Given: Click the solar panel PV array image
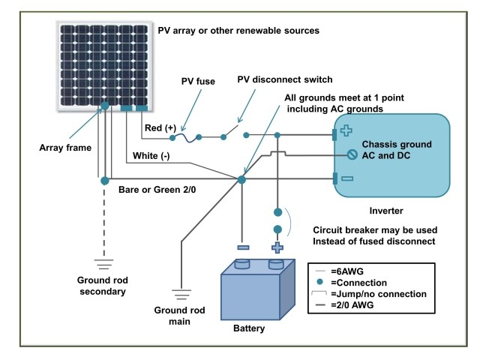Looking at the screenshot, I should (104, 64).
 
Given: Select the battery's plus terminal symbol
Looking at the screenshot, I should (277, 247).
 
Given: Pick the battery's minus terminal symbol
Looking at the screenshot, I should (241, 247).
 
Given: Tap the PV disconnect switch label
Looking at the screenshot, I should (284, 79).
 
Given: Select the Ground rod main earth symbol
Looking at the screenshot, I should (181, 294).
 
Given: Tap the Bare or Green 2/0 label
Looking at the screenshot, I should (158, 191).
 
